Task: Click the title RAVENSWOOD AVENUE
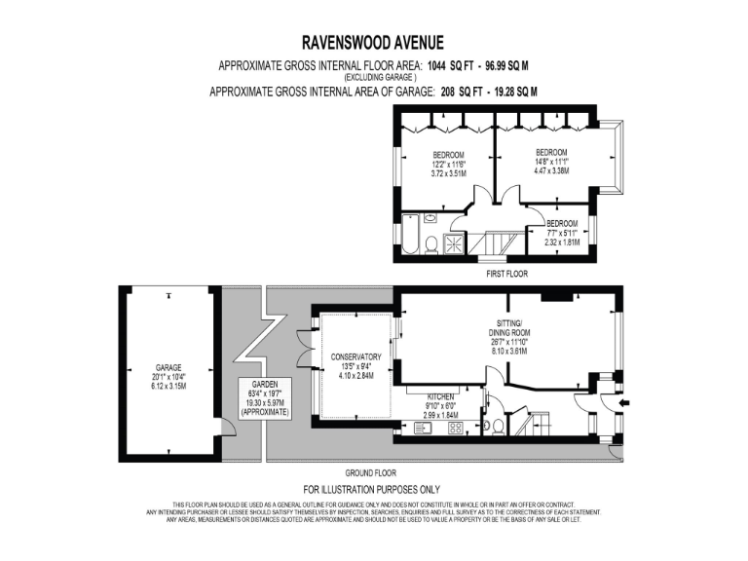(x=374, y=42)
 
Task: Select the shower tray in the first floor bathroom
(x=455, y=243)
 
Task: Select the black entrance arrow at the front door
(x=624, y=399)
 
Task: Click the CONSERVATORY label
(x=355, y=356)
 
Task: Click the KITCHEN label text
(x=441, y=398)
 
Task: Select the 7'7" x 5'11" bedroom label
(x=561, y=232)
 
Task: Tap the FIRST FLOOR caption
(x=506, y=275)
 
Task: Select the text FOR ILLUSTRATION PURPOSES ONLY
(x=373, y=489)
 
